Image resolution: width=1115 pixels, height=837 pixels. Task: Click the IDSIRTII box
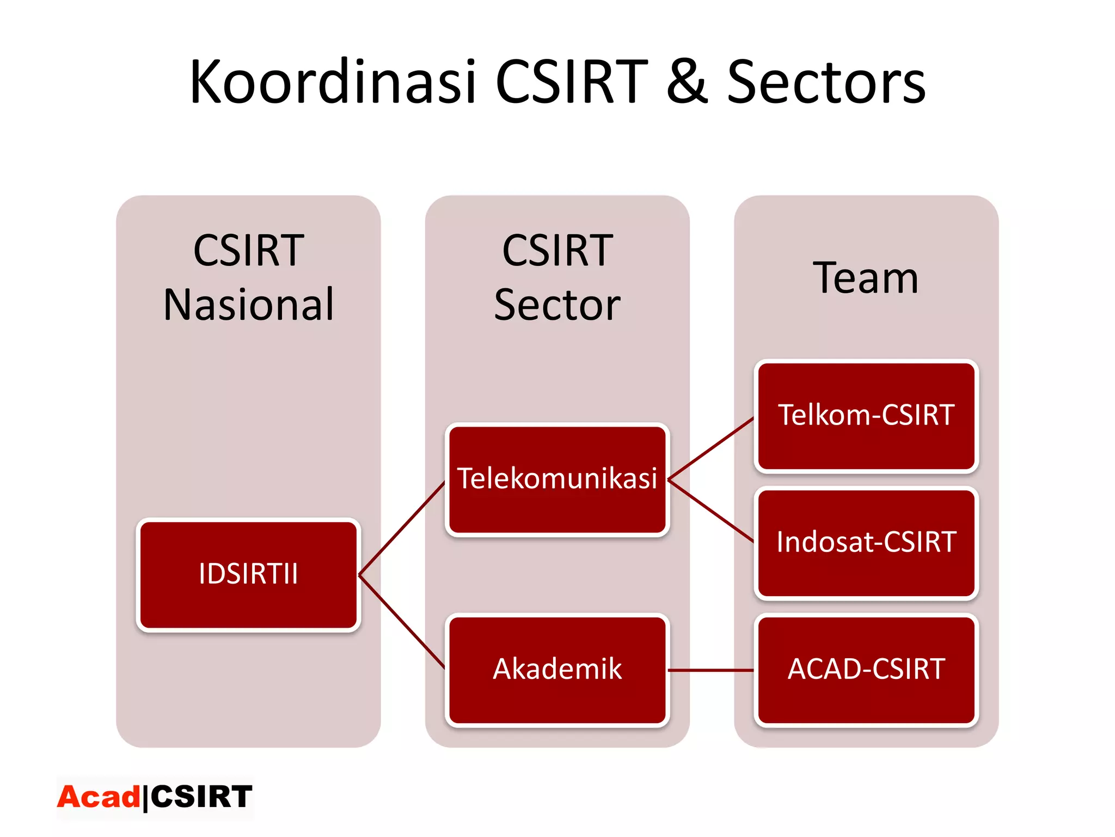pyautogui.click(x=248, y=574)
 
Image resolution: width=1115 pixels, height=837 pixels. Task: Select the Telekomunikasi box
pyautogui.click(x=557, y=479)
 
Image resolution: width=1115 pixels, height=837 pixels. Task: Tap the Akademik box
pyautogui.click(x=557, y=670)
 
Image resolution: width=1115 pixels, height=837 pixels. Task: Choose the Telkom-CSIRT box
pyautogui.click(x=866, y=415)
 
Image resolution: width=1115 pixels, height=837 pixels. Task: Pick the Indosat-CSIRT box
pyautogui.click(x=866, y=543)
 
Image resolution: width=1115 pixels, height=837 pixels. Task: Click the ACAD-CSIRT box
pyautogui.click(x=866, y=670)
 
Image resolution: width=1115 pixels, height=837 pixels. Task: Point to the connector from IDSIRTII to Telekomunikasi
pyautogui.click(x=402, y=528)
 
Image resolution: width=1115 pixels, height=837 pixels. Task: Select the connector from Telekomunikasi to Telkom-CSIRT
pyautogui.click(x=711, y=448)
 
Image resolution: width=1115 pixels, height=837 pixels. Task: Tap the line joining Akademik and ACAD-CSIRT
pyautogui.click(x=711, y=670)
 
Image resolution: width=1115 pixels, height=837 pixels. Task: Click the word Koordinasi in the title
pyautogui.click(x=333, y=82)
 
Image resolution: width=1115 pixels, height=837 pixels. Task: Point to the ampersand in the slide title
pyautogui.click(x=687, y=82)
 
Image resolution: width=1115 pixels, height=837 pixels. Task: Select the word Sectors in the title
pyautogui.click(x=826, y=82)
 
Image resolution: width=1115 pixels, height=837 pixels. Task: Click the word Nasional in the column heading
pyautogui.click(x=248, y=305)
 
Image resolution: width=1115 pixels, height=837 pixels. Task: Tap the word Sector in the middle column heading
pyautogui.click(x=557, y=305)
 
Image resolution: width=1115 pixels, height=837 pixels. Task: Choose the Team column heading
pyautogui.click(x=866, y=278)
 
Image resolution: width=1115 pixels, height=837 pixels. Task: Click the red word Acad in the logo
pyautogui.click(x=99, y=797)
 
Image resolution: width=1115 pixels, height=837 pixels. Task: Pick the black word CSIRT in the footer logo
pyautogui.click(x=201, y=797)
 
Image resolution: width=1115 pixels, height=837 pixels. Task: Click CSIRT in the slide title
pyautogui.click(x=572, y=82)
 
